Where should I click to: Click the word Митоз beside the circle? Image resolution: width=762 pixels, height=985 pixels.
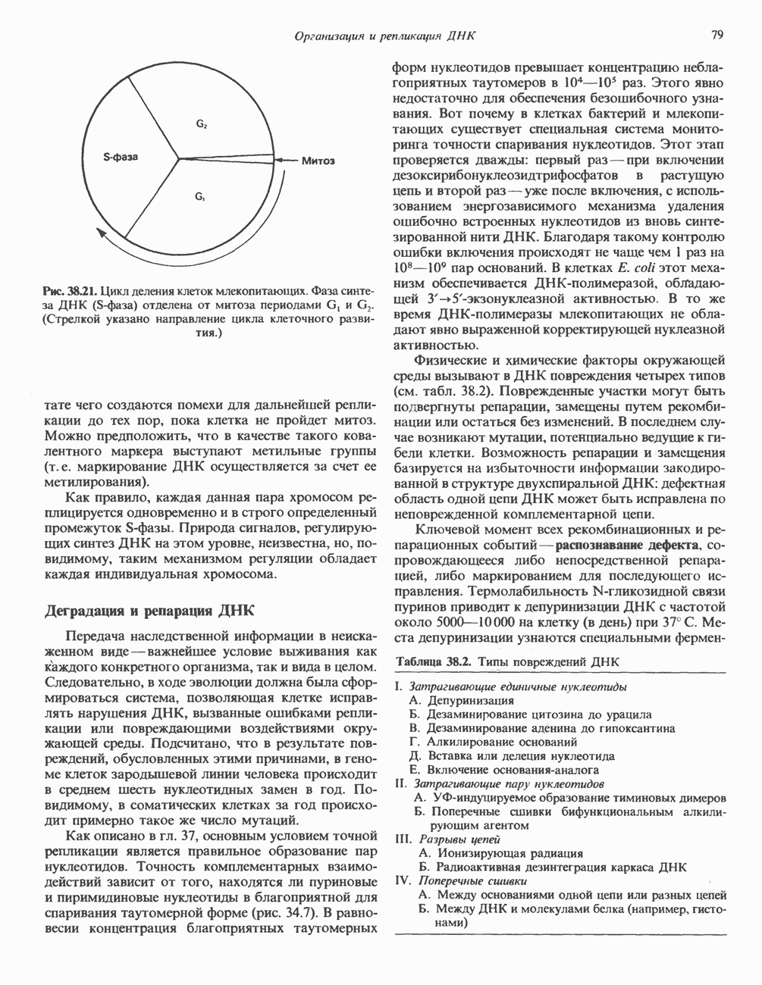pyautogui.click(x=318, y=161)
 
